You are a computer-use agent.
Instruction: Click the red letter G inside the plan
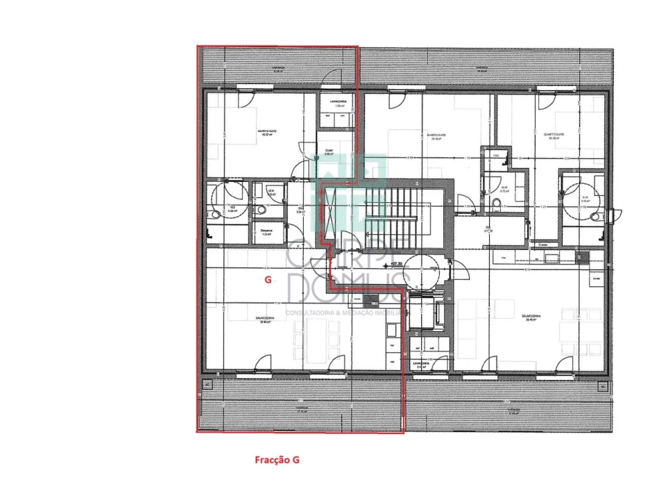(x=267, y=280)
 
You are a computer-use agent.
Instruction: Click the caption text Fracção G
(x=276, y=460)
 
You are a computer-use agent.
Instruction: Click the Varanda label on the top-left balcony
(x=279, y=69)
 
